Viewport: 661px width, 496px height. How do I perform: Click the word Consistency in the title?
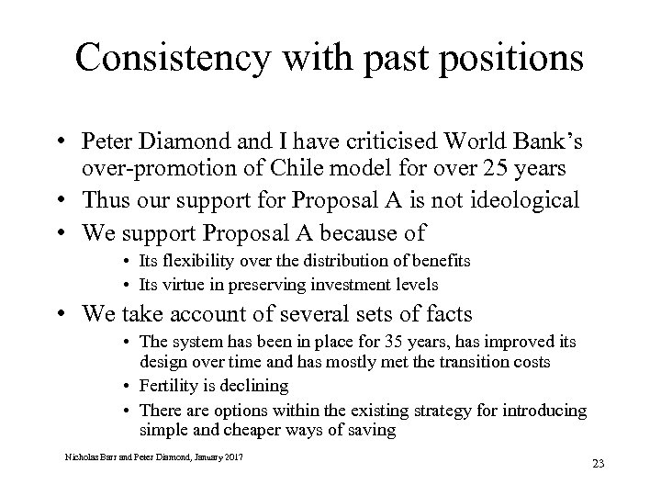pos(171,56)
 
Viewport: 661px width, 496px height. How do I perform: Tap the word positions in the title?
pos(509,58)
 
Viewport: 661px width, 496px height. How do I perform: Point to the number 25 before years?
pos(472,169)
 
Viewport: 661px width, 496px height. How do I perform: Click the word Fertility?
pos(171,386)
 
